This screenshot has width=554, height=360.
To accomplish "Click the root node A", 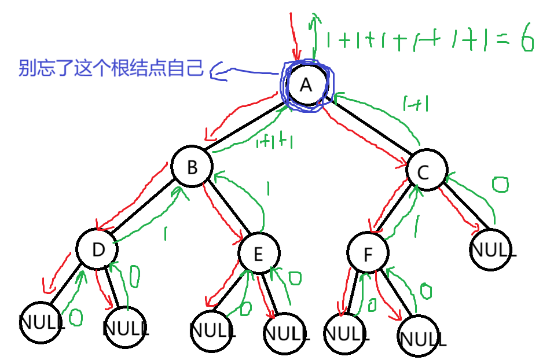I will point(307,86).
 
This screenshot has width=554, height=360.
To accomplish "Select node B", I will point(193,167).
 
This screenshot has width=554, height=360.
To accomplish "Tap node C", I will point(426,171).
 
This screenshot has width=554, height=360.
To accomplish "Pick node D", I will point(97,249).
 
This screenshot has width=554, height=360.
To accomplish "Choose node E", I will point(259,253).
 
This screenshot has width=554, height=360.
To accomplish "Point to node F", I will point(368,254).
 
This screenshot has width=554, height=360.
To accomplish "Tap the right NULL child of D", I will point(126,329).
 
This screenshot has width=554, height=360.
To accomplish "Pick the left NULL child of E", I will point(212,330).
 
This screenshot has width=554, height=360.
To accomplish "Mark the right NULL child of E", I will point(285,333).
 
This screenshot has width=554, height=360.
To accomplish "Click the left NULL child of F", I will point(345,333).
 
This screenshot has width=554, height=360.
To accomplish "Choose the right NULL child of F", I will point(421,336).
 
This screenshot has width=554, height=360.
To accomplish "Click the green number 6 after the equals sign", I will point(526,41).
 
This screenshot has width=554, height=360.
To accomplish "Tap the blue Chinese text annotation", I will point(111,69).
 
